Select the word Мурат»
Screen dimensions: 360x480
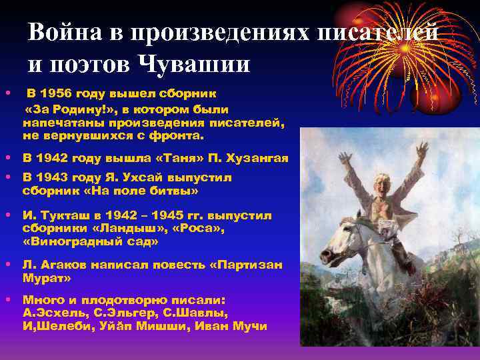pos(45,279)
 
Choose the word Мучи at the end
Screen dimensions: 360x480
pos(250,326)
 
